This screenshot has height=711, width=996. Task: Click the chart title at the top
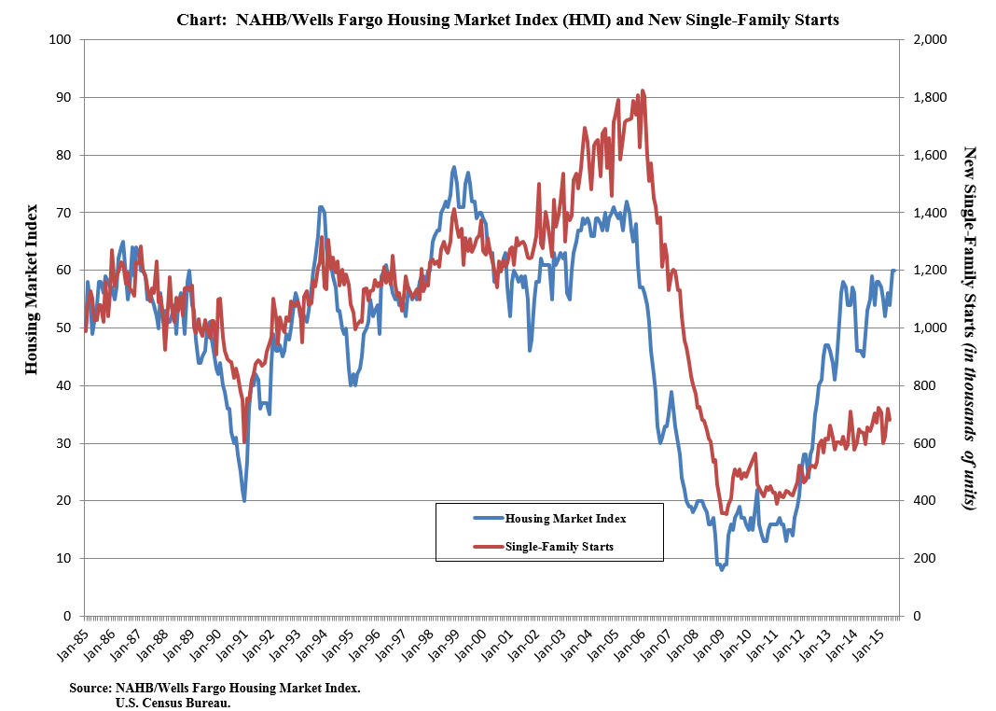[x=508, y=20]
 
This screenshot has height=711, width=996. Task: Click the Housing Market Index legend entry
[x=564, y=518]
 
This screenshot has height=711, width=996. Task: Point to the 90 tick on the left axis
[x=63, y=97]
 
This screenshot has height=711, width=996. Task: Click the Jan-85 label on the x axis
[x=74, y=644]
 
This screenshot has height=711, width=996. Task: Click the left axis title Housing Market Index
[x=32, y=289]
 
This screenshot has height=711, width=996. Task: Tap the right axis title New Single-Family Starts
[x=969, y=327]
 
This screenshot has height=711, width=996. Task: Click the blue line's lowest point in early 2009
[x=722, y=569]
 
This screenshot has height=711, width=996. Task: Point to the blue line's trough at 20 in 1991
[x=244, y=500]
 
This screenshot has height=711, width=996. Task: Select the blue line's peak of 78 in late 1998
[x=454, y=167]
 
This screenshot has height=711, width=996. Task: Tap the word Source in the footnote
[x=90, y=689]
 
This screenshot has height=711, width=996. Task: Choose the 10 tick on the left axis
[x=63, y=558]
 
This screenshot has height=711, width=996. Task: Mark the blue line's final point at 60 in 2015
[x=894, y=271]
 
